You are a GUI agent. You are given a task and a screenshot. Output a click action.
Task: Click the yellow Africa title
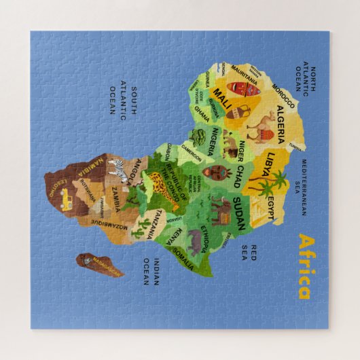pos(304,266)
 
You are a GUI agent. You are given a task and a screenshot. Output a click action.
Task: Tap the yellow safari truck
pos(67,198)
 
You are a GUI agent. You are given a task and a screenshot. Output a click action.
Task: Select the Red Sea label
pos(253,253)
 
